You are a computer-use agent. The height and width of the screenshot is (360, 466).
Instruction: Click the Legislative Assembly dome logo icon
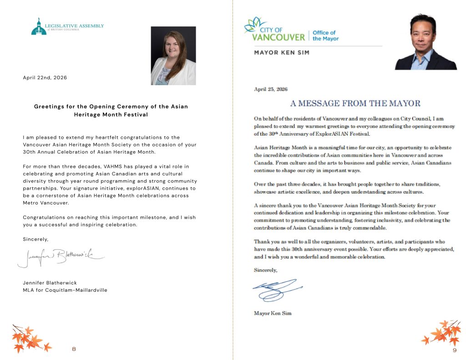point(39,27)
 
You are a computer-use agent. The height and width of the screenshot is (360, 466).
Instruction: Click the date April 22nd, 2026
point(45,78)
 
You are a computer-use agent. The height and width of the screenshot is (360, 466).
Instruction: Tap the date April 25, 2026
point(270,89)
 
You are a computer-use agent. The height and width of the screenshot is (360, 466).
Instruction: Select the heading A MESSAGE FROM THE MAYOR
point(355,103)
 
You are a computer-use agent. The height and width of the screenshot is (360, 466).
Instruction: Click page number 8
point(74,349)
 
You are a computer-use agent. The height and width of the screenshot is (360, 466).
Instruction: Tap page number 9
point(454,350)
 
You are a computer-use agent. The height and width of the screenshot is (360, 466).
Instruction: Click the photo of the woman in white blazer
point(173,56)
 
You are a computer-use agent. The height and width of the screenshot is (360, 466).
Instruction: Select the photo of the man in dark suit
point(426,42)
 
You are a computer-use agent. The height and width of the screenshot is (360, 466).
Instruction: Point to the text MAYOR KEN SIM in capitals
point(281,53)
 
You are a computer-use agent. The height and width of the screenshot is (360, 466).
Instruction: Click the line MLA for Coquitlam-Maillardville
point(65,290)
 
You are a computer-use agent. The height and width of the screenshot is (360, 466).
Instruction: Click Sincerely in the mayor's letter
point(265,270)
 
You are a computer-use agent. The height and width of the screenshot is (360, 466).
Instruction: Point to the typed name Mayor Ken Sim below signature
point(273,313)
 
